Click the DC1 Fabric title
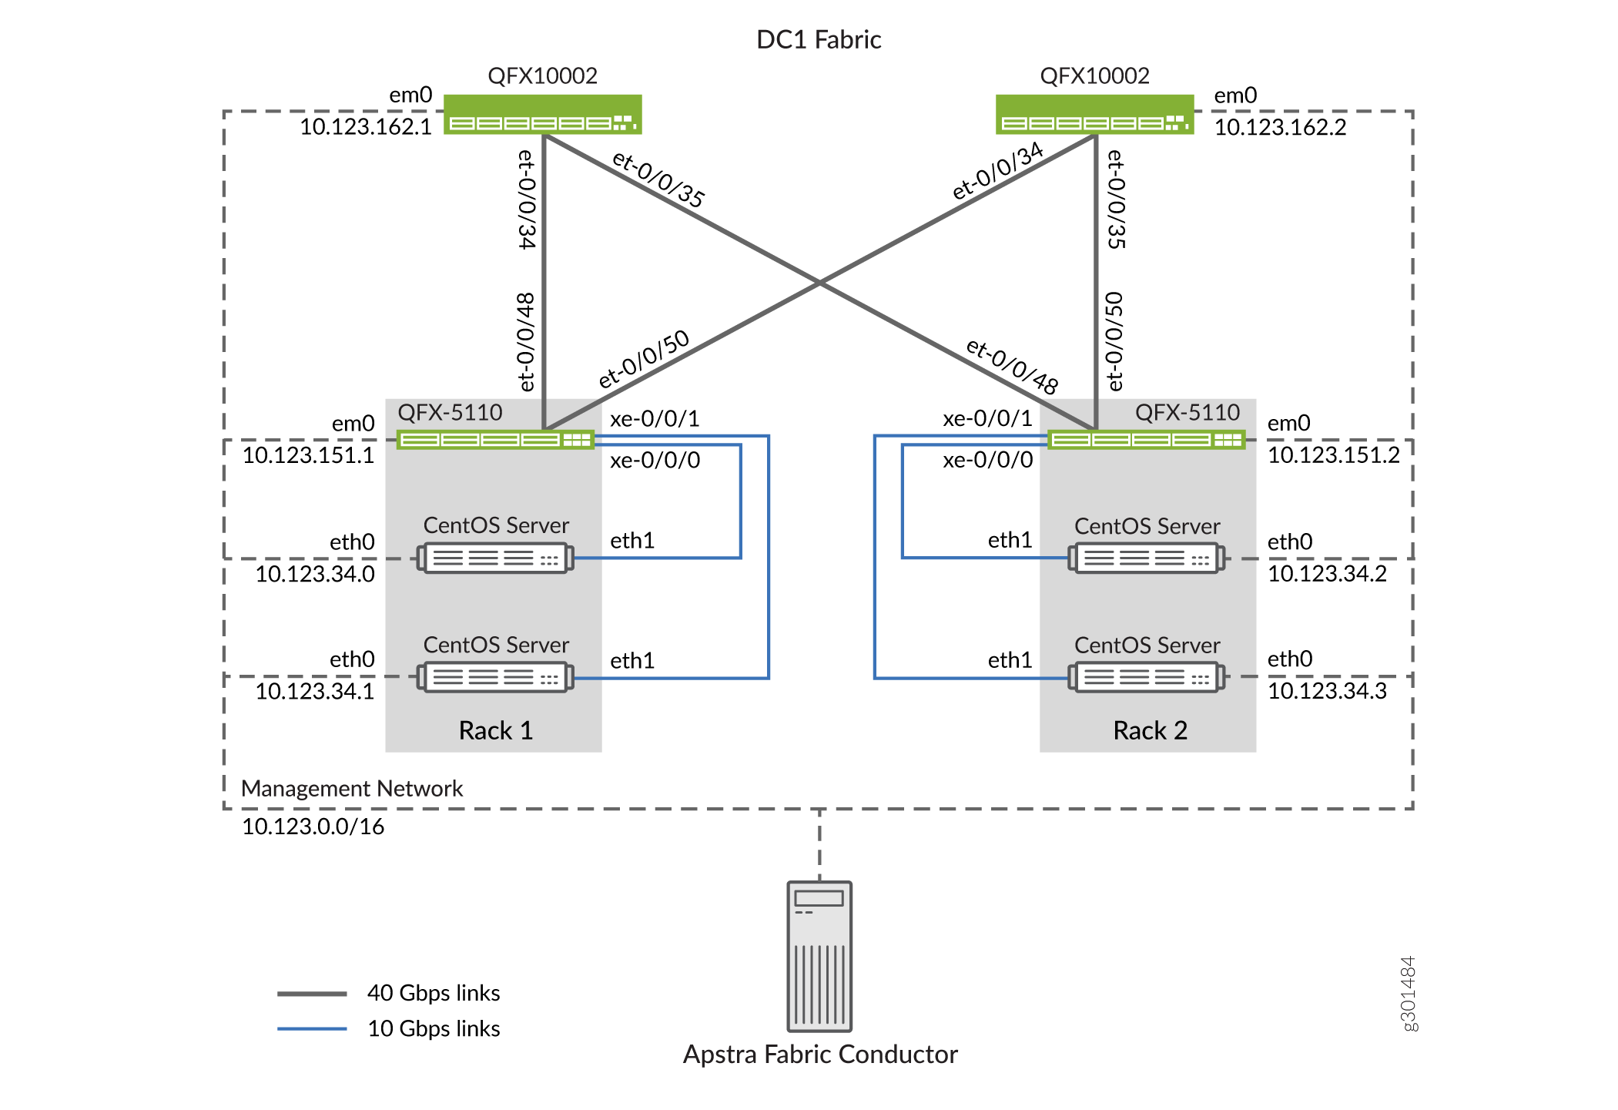(818, 39)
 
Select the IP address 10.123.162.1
(365, 126)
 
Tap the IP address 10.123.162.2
(1280, 127)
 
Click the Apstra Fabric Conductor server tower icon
(819, 956)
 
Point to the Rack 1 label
(495, 730)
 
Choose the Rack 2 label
(1150, 730)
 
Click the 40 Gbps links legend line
(312, 994)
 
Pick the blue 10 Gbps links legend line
(312, 1029)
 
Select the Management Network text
(351, 789)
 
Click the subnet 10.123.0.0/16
(313, 827)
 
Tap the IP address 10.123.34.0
(315, 574)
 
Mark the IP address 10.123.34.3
(1327, 691)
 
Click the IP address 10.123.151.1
(308, 455)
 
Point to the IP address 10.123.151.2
(1333, 455)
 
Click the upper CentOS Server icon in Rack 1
(495, 558)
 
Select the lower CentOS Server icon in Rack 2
(1146, 678)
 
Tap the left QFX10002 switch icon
(542, 115)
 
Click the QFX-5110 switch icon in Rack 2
(1146, 440)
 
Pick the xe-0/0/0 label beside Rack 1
(655, 461)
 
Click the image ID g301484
(1408, 993)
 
